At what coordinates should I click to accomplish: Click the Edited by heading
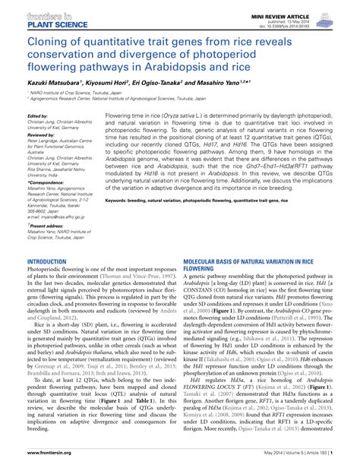tap(38, 137)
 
